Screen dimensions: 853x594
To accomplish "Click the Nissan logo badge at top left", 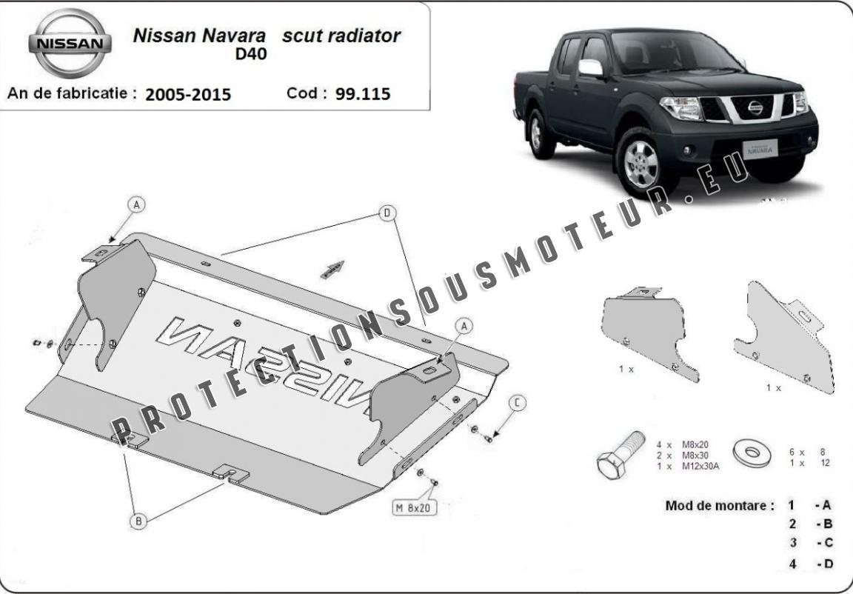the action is point(70,44).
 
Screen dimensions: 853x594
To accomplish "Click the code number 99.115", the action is point(363,93).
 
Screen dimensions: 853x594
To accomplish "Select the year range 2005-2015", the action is point(188,95).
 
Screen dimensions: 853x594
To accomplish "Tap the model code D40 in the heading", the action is point(251,54).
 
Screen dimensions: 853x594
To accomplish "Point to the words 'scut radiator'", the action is point(341,36).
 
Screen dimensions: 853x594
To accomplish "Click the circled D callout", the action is point(387,213).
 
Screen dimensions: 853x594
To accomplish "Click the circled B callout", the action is point(138,521).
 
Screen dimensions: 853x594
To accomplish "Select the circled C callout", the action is point(518,402).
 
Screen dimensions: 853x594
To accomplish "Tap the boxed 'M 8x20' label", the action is point(414,508).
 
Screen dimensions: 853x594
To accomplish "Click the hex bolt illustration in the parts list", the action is point(620,455).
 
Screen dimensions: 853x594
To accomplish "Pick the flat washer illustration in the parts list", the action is point(752,452).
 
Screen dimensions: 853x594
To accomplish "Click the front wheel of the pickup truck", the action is point(642,164).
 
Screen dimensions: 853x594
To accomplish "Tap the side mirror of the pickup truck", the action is point(590,68).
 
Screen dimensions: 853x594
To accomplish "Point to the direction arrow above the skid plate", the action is point(332,270).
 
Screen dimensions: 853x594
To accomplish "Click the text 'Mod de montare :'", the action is point(720,505).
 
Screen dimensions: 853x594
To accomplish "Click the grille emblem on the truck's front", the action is point(755,107).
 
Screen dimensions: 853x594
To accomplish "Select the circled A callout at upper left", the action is point(136,204).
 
